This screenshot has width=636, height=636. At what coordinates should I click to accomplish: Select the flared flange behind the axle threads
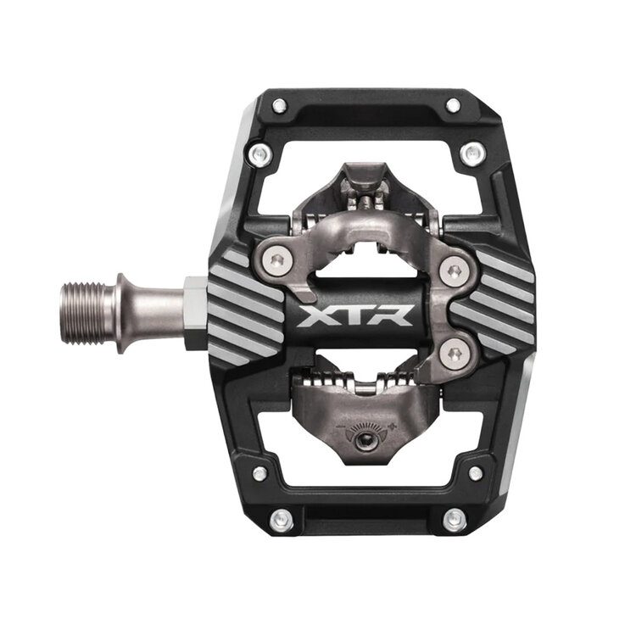(x=124, y=312)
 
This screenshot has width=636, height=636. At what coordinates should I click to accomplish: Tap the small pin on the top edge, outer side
(x=453, y=105)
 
